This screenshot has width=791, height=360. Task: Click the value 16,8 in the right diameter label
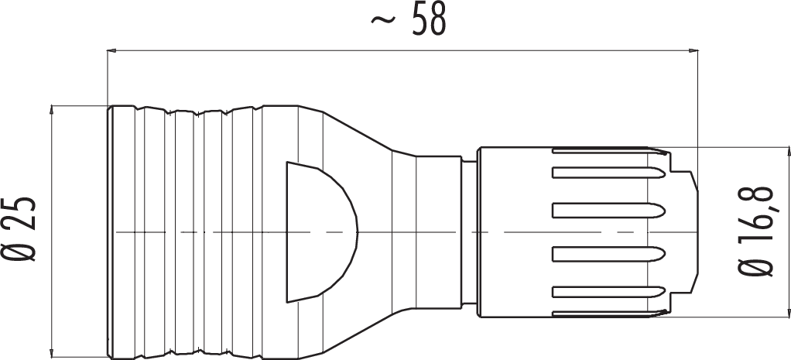(758, 212)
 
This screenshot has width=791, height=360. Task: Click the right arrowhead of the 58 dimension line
(693, 50)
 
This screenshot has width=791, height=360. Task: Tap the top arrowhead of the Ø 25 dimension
(53, 110)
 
